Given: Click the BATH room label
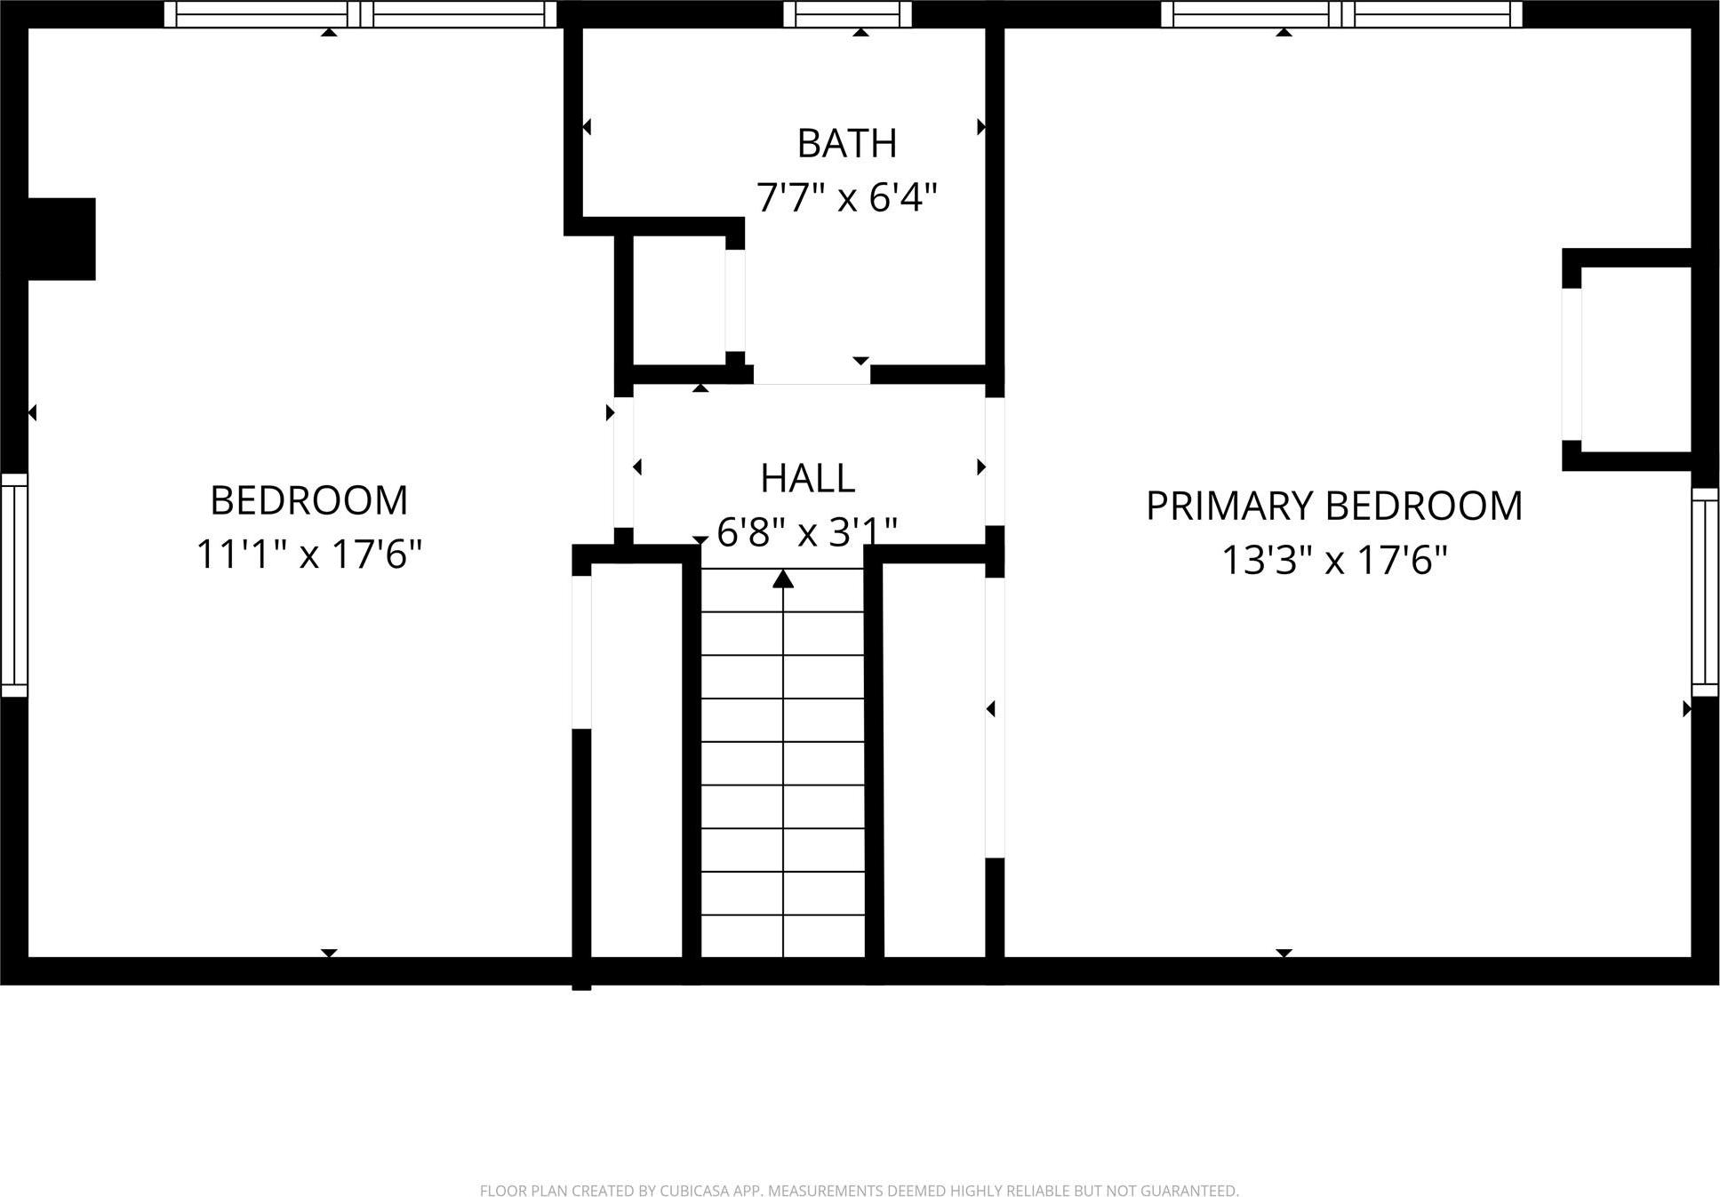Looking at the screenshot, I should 846,144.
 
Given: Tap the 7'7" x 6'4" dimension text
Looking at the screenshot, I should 846,197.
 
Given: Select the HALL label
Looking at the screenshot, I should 807,479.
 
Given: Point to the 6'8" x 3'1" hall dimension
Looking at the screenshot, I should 807,532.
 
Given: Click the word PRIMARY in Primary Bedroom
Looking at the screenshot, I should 1229,507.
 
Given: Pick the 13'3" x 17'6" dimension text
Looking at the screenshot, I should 1333,561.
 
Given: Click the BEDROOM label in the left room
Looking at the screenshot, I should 308,501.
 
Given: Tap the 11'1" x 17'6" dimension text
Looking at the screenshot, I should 308,555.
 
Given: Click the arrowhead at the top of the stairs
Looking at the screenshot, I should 782,579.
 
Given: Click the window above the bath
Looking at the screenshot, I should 847,13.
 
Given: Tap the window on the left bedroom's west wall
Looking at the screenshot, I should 13,585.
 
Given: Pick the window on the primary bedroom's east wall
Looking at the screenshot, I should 1705,591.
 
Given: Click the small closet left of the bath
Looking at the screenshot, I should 679,300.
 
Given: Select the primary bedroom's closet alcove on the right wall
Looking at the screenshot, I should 1636,359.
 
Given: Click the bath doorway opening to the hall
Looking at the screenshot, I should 812,375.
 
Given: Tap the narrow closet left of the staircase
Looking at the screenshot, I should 636,760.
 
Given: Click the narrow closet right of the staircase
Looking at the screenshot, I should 933,760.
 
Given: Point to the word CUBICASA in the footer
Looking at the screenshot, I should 696,1191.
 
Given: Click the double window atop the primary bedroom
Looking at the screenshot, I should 1342,13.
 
